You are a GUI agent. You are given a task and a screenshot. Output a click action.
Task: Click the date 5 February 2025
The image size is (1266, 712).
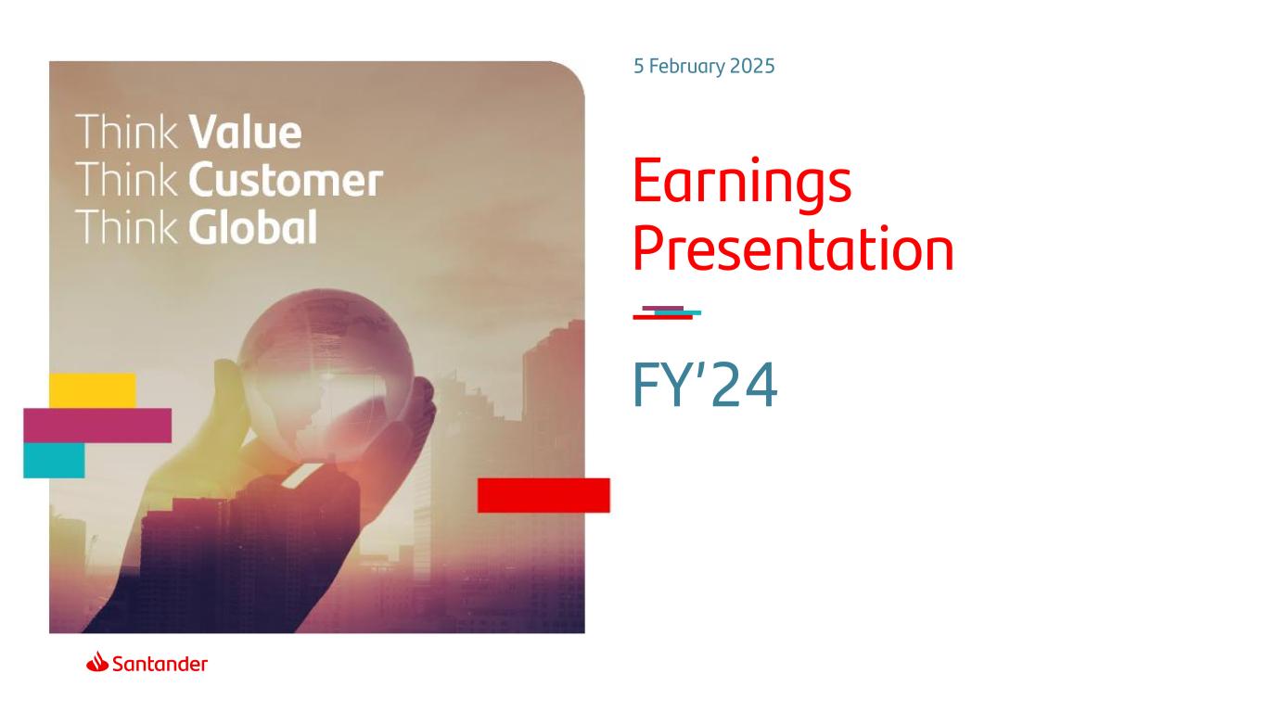(704, 67)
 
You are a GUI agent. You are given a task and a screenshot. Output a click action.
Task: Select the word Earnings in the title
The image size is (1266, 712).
(742, 182)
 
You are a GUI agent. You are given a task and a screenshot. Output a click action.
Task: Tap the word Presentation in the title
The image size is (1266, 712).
(793, 248)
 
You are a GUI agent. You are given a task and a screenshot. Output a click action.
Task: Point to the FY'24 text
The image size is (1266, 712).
(705, 385)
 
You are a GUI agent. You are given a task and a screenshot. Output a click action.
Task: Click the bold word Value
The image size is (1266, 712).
(245, 133)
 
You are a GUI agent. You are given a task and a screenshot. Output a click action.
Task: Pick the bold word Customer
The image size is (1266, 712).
(286, 180)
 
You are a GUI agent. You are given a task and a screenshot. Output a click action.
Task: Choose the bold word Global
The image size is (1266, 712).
(252, 227)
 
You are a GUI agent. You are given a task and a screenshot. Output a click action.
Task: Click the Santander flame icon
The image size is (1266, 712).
(97, 661)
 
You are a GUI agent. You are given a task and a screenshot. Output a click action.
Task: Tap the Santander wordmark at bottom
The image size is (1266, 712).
(160, 664)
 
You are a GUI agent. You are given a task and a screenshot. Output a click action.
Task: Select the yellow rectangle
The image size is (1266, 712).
(93, 390)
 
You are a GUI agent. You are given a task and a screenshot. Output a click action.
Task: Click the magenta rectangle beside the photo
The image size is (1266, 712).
(97, 426)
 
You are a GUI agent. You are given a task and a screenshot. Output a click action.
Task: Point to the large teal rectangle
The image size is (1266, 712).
(54, 461)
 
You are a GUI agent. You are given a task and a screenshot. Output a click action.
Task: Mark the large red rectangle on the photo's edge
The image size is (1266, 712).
(543, 496)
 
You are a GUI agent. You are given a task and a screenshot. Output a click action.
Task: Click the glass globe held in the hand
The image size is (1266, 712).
(326, 375)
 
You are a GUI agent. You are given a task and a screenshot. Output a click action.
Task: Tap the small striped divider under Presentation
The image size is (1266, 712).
(667, 313)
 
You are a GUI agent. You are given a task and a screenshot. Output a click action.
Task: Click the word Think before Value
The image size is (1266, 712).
(126, 133)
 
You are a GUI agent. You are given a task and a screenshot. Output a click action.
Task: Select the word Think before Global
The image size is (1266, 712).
(126, 227)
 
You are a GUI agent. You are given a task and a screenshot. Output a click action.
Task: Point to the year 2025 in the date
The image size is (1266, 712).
(751, 67)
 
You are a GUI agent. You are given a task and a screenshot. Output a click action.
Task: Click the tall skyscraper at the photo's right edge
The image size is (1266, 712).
(554, 452)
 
